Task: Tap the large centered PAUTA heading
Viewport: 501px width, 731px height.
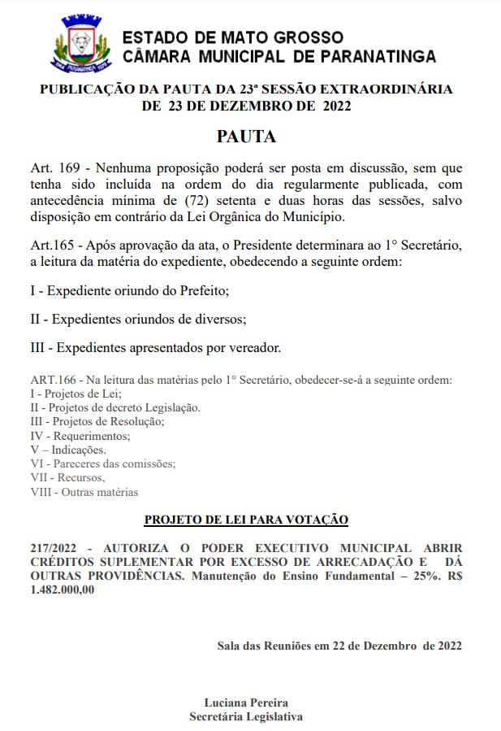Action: [x=246, y=136]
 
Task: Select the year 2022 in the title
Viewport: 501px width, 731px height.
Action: [x=337, y=106]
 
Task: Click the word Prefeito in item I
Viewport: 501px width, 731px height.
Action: [x=193, y=290]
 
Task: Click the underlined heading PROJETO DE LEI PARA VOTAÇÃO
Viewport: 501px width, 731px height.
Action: [x=246, y=519]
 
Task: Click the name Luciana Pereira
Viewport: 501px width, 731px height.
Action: [x=246, y=703]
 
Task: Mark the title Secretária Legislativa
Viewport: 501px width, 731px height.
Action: [x=246, y=716]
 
